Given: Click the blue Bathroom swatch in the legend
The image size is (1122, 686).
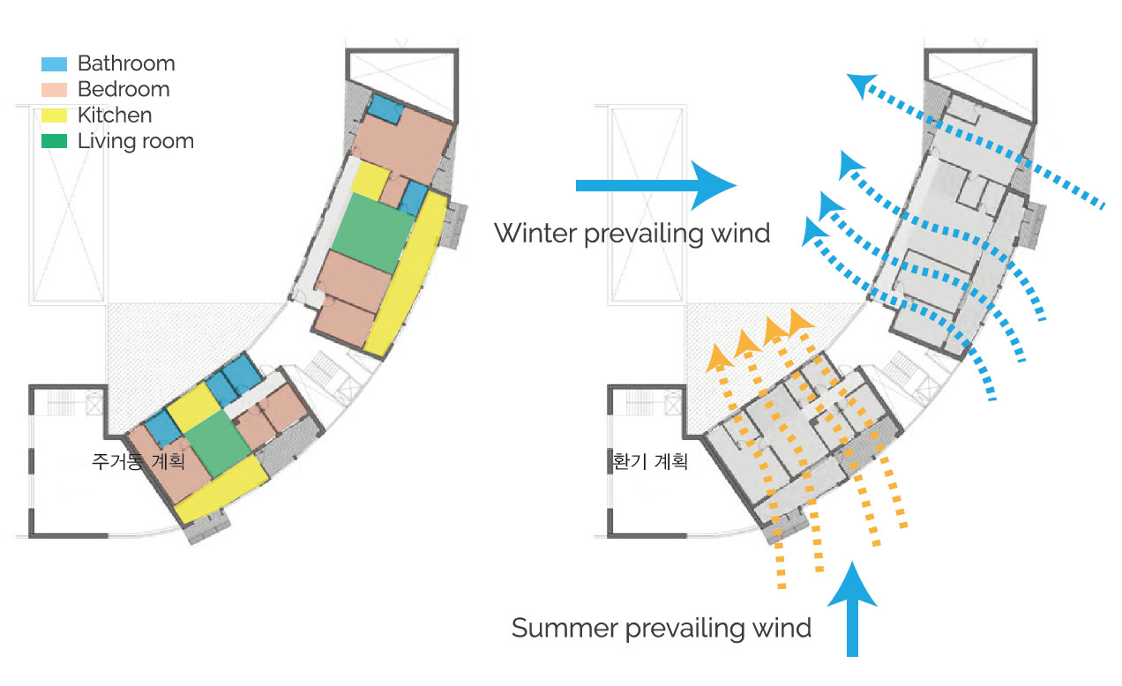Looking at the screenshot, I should pyautogui.click(x=54, y=64).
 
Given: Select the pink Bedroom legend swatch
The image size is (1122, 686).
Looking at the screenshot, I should pyautogui.click(x=54, y=90).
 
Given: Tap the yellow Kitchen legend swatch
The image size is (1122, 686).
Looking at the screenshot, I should pyautogui.click(x=54, y=116).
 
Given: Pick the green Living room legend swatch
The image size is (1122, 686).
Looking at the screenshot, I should pyautogui.click(x=54, y=141).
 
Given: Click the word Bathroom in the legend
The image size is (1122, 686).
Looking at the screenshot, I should pyautogui.click(x=126, y=63).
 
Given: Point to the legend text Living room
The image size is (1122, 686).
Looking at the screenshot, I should pyautogui.click(x=135, y=141).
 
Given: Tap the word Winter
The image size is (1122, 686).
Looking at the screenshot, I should pyautogui.click(x=536, y=234).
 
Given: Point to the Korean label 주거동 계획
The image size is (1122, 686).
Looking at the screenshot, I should pyautogui.click(x=138, y=460).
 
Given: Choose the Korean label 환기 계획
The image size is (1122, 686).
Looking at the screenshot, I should pyautogui.click(x=648, y=460).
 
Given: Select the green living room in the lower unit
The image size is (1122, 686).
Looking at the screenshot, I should pyautogui.click(x=217, y=444).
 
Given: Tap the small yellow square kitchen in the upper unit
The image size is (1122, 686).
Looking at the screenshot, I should pyautogui.click(x=369, y=181).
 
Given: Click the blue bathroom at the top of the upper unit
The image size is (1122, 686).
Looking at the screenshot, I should pyautogui.click(x=385, y=109).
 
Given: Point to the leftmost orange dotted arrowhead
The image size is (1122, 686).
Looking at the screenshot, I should pyautogui.click(x=718, y=354).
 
